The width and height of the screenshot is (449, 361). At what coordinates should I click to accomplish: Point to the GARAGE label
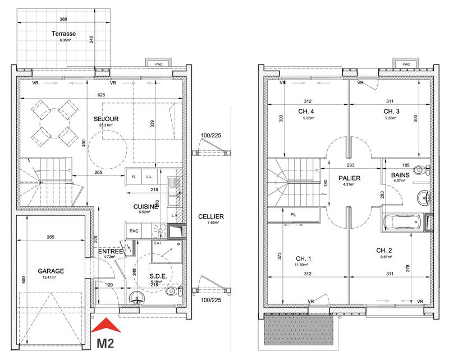pos(51,271)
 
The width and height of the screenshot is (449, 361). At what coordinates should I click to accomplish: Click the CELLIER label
pos(211,216)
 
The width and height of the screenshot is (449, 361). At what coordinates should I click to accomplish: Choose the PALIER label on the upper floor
pos(349,178)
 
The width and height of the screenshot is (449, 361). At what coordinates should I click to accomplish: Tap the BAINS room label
pos(400,175)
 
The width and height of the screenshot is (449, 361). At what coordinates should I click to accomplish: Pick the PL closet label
pos(294,214)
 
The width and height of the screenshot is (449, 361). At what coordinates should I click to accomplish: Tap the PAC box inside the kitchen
pos(134,230)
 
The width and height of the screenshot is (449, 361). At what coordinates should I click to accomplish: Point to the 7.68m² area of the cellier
pos(211,223)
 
